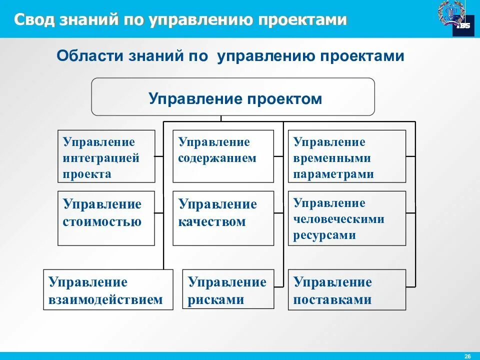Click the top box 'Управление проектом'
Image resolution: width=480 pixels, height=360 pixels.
[233, 97]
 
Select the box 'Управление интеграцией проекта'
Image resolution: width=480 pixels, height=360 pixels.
[106, 156]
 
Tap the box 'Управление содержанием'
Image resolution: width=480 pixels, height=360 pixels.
[223, 156]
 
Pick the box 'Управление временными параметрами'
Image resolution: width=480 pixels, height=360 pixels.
[346, 156]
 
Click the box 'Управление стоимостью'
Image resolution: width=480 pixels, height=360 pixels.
[106, 218]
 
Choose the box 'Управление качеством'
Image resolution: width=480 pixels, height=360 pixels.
[223, 218]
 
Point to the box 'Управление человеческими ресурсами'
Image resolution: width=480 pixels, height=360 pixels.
[346, 218]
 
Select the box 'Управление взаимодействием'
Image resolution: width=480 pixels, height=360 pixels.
[108, 289]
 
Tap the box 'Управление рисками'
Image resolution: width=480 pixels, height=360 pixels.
[228, 289]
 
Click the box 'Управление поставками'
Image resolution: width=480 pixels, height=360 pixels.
[346, 289]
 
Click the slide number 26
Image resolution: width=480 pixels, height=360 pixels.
[467, 355]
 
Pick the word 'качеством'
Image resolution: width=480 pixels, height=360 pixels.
[212, 221]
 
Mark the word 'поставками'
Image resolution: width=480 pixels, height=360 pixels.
[332, 300]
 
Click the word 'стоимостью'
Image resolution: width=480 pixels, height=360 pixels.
[102, 221]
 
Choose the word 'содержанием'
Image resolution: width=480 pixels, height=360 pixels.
[217, 158]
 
